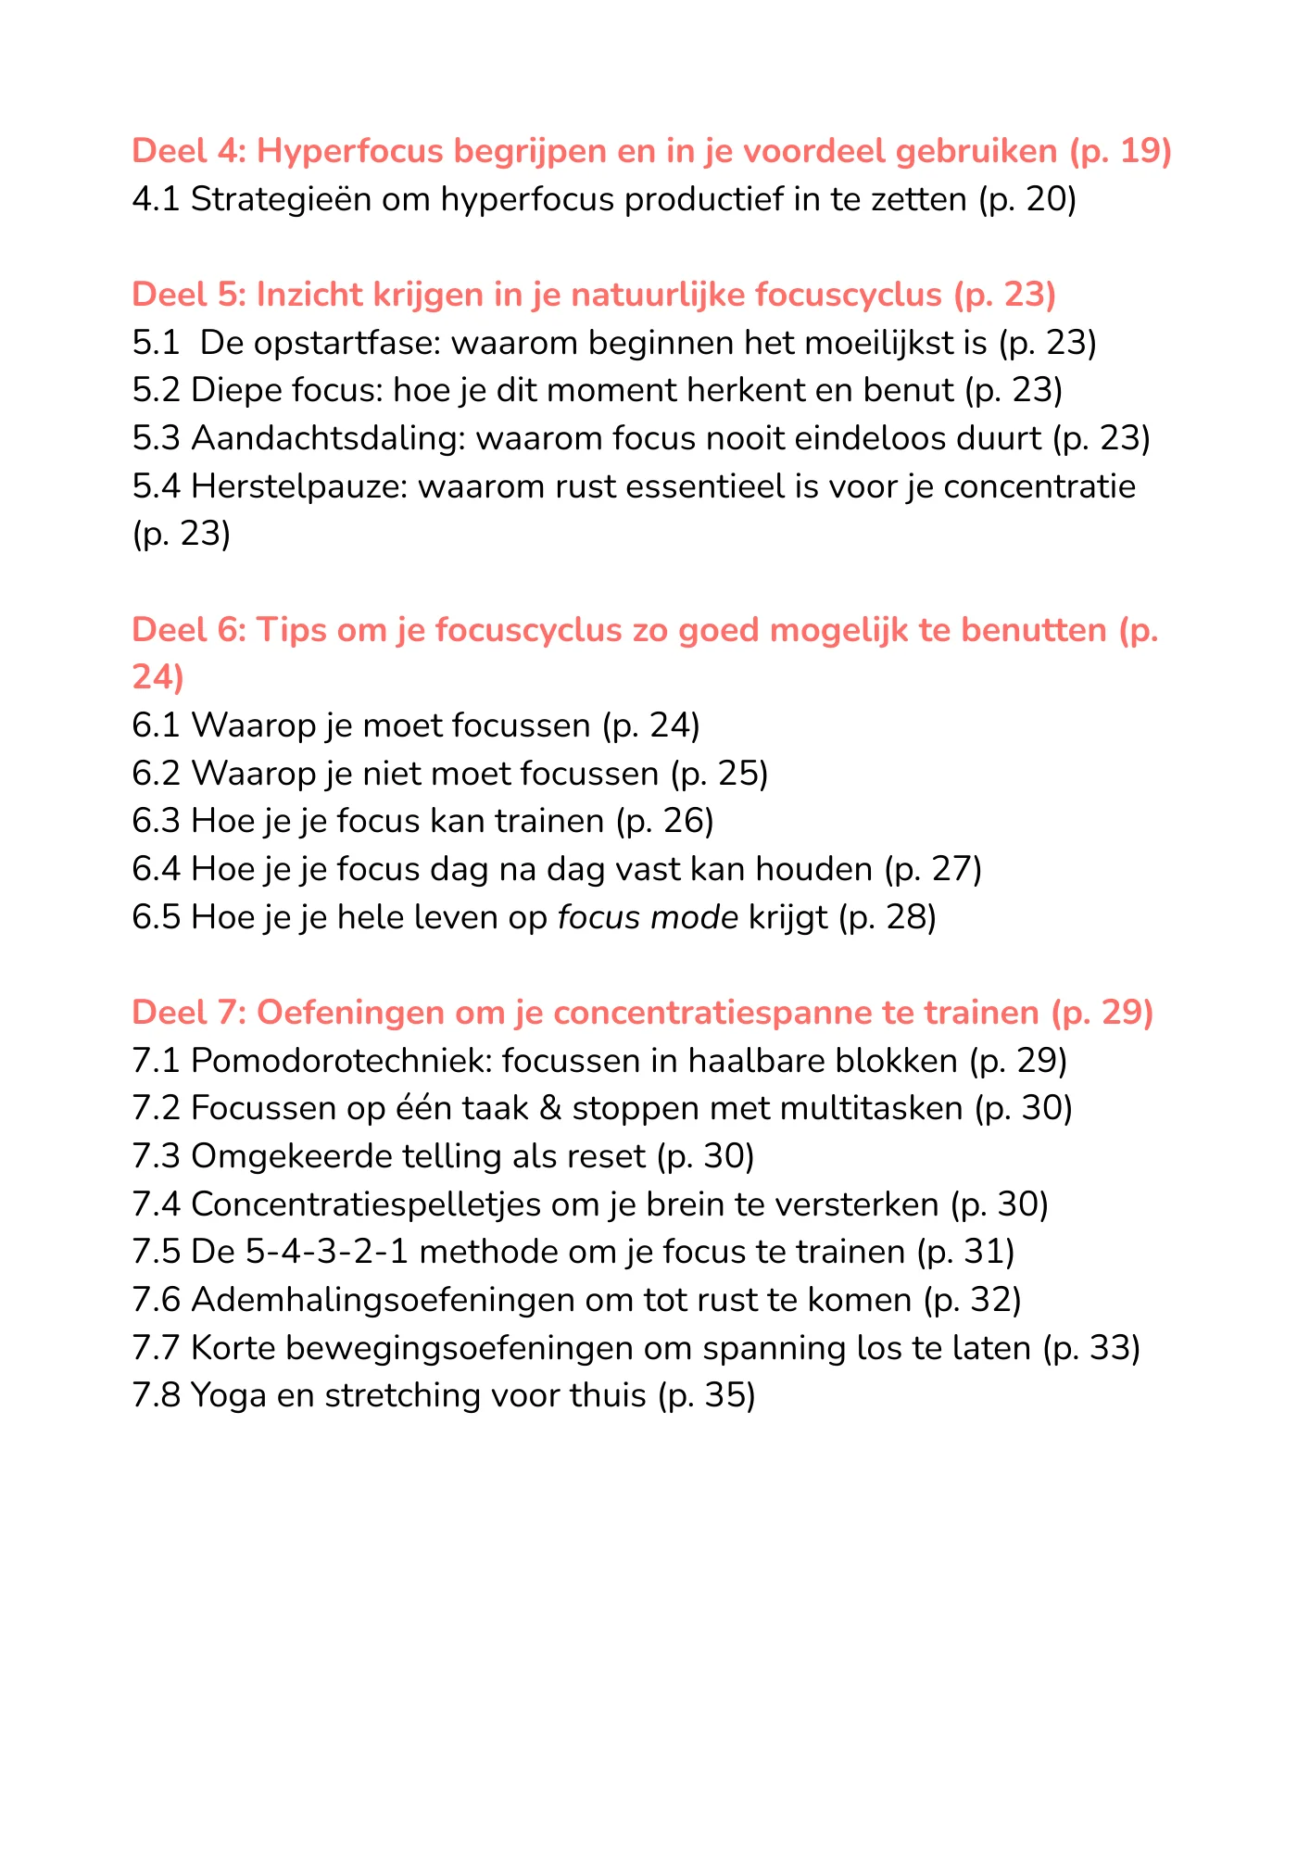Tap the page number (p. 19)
point(1120,151)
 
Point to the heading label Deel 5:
point(189,295)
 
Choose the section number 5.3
point(157,438)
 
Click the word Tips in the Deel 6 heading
point(291,630)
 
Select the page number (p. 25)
point(719,773)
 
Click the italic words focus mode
point(648,917)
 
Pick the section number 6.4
point(157,869)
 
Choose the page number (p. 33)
point(1090,1347)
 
